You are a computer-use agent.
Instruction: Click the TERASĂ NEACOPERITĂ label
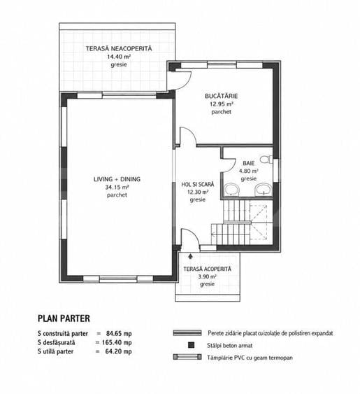point(119,48)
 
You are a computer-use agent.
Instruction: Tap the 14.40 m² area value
point(119,57)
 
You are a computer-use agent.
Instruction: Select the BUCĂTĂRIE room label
point(221,96)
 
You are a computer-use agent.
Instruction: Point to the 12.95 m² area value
point(222,104)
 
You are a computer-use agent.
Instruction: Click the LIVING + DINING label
point(117,179)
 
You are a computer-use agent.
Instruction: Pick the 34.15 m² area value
point(117,187)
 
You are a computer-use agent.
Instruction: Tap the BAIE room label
point(249,163)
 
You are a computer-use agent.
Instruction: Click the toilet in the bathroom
point(266,160)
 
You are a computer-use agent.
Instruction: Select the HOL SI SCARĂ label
point(198,185)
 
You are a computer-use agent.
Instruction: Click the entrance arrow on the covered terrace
point(191,256)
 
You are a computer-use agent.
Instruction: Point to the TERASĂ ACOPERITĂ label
point(207,269)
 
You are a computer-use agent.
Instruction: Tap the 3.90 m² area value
point(207,276)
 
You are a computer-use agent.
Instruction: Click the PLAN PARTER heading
point(64,318)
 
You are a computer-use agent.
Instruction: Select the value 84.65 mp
point(119,333)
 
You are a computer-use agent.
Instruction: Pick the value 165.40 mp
point(117,342)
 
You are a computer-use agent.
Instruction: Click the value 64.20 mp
point(119,351)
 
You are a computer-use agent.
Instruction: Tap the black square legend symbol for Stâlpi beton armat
point(191,345)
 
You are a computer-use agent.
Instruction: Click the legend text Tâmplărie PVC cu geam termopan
point(250,358)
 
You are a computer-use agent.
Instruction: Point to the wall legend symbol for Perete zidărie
point(187,333)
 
